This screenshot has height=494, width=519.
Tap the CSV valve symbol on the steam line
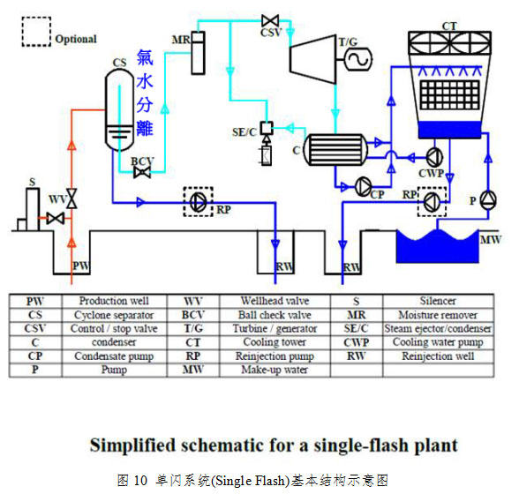pos(270,21)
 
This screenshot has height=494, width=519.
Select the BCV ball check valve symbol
pos(142,172)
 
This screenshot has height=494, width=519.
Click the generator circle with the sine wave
pos(358,59)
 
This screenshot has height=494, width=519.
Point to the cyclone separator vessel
pos(119,110)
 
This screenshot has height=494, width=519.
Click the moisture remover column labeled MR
pos(198,53)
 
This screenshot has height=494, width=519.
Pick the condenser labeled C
pos(335,150)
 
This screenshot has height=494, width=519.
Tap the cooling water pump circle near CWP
pos(434,157)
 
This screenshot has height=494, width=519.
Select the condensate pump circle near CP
pos(363,187)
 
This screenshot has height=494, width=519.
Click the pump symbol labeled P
pos(488,200)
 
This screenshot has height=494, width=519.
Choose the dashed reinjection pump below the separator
pos(199,201)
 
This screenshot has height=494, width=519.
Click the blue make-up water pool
pos(438,246)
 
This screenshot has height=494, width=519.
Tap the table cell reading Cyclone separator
pos(114,315)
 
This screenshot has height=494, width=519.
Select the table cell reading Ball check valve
pos(275,315)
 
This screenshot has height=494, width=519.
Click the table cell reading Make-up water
pos(275,370)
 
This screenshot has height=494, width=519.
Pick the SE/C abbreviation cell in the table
pos(357,328)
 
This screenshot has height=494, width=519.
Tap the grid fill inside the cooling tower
pos(450,95)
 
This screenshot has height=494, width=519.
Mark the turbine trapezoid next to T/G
pos(312,59)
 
